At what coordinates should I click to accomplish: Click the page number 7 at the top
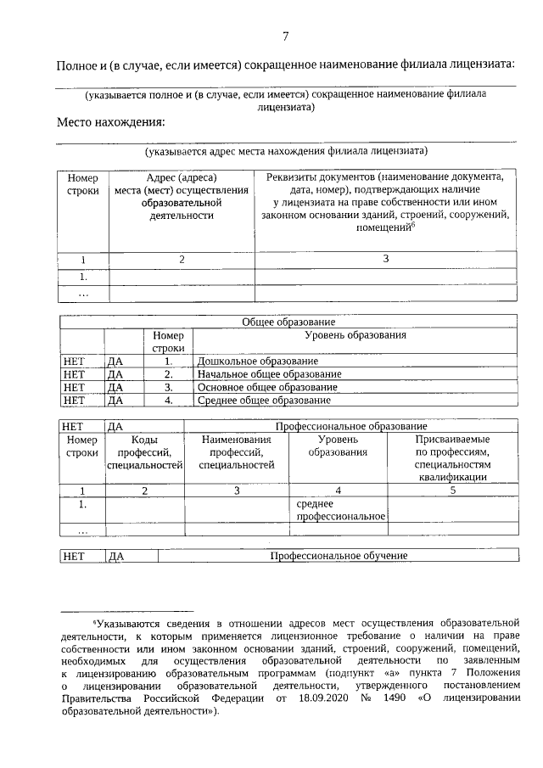tap(285, 36)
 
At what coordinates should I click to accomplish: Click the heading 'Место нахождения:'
tap(110, 121)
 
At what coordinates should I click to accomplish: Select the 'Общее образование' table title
tap(288, 322)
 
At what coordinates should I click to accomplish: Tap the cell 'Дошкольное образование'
tap(252, 362)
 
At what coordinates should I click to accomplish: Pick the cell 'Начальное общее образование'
tap(269, 374)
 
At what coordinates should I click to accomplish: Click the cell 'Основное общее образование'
tap(266, 387)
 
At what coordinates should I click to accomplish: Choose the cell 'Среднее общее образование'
tap(263, 400)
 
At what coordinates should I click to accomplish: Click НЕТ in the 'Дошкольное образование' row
tap(75, 362)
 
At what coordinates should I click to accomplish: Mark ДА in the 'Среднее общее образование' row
tap(116, 400)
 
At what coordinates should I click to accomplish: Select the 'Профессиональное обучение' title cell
tap(339, 556)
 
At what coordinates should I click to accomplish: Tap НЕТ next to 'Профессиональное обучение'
tap(75, 556)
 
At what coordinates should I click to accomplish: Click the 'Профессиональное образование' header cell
tap(350, 425)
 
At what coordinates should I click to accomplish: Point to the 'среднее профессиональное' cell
tap(338, 510)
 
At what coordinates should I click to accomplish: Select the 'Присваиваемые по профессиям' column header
tap(451, 458)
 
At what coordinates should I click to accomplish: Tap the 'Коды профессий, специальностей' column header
tap(144, 452)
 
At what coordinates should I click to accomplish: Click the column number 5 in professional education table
tap(452, 490)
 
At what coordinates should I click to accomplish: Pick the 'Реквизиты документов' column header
tap(384, 203)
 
